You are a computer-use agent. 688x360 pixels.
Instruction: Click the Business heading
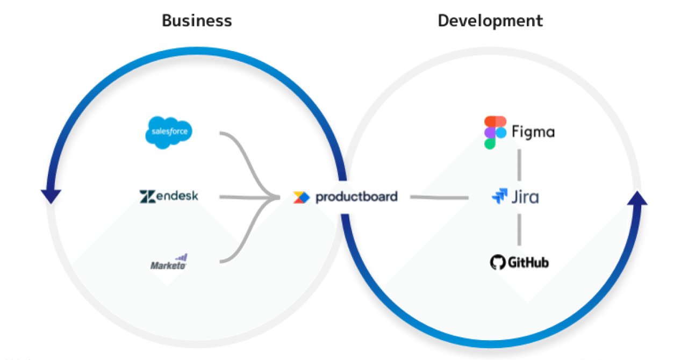click(x=197, y=21)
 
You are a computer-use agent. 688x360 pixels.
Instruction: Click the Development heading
click(x=490, y=21)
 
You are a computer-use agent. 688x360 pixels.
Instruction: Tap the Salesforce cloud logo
click(x=169, y=132)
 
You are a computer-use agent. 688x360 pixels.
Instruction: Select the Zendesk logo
click(x=169, y=196)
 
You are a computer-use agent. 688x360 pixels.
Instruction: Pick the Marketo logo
click(x=169, y=262)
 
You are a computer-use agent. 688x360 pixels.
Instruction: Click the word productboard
click(x=356, y=197)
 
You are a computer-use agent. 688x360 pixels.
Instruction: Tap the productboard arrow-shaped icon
click(x=302, y=197)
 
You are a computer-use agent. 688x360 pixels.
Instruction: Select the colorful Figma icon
click(x=494, y=132)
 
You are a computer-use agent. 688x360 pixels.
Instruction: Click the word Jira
click(x=525, y=197)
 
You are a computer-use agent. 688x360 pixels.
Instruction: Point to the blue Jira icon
click(x=499, y=197)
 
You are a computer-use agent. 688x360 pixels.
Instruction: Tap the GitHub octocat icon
click(x=498, y=262)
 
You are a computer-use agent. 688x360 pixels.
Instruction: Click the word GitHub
click(x=528, y=262)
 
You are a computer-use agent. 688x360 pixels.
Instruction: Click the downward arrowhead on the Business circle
click(x=51, y=197)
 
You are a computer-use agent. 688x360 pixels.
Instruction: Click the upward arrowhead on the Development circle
click(x=637, y=199)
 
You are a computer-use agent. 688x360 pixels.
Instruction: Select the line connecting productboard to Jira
click(x=439, y=198)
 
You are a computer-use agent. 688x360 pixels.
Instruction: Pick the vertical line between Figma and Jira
click(x=519, y=165)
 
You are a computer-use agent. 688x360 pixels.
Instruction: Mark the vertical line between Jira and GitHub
click(x=519, y=229)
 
